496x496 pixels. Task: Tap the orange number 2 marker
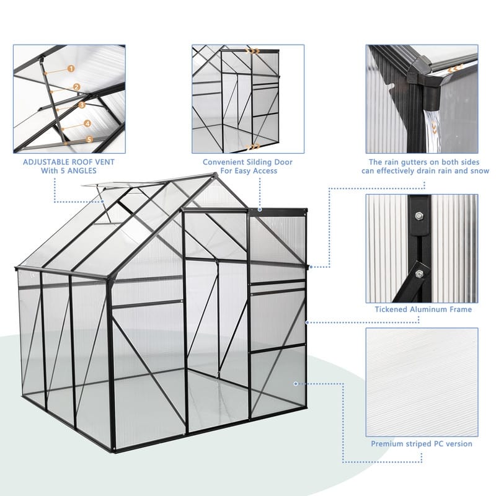[77, 87]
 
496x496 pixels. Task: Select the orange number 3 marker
[82, 105]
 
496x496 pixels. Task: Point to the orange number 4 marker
[87, 123]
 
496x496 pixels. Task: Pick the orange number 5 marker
[90, 140]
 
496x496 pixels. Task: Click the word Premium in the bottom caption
[388, 444]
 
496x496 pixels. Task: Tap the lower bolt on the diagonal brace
[420, 273]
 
